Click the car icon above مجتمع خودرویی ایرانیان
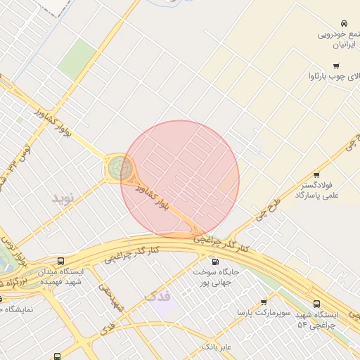[344, 24]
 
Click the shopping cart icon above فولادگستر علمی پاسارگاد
[317, 175]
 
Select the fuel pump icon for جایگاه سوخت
[215, 262]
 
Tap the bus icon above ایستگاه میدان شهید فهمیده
[60, 261]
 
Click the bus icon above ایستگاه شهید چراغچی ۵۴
[316, 304]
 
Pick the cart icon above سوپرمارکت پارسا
[264, 302]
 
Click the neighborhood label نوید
[62, 198]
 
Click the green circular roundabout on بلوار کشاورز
[120, 168]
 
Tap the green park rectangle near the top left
[77, 58]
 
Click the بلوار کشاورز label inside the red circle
[153, 198]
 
